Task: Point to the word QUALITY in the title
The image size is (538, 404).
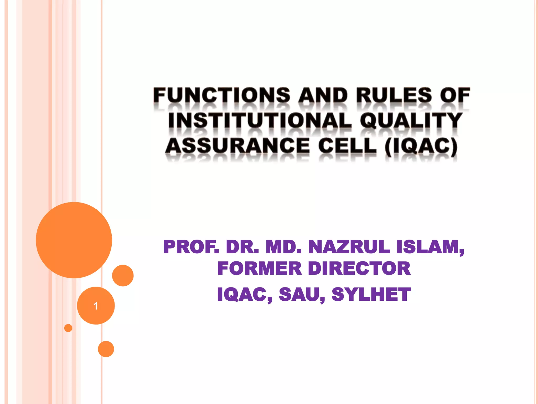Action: [411, 120]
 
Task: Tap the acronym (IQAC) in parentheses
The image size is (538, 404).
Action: [421, 146]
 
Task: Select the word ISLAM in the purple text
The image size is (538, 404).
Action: [428, 247]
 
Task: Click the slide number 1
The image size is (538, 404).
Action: [96, 306]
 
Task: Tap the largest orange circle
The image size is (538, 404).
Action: [74, 240]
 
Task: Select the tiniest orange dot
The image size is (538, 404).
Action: [68, 328]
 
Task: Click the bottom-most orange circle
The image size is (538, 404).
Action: [106, 349]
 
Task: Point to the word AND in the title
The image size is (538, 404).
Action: [323, 95]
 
